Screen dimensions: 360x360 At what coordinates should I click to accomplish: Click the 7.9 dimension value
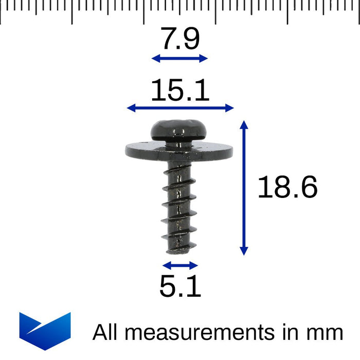click(179, 40)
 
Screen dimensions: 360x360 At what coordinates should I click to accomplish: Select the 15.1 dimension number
click(180, 91)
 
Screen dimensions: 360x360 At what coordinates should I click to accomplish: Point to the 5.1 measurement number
click(180, 287)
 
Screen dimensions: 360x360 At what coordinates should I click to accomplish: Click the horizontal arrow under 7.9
click(179, 59)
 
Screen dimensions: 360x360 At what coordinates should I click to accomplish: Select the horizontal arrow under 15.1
click(180, 107)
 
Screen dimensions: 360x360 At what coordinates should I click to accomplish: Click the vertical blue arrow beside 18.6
click(244, 188)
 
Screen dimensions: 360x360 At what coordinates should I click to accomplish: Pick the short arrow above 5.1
click(180, 265)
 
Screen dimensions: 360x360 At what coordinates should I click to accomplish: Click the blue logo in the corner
click(45, 331)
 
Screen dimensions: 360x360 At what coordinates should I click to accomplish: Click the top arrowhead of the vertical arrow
click(244, 125)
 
